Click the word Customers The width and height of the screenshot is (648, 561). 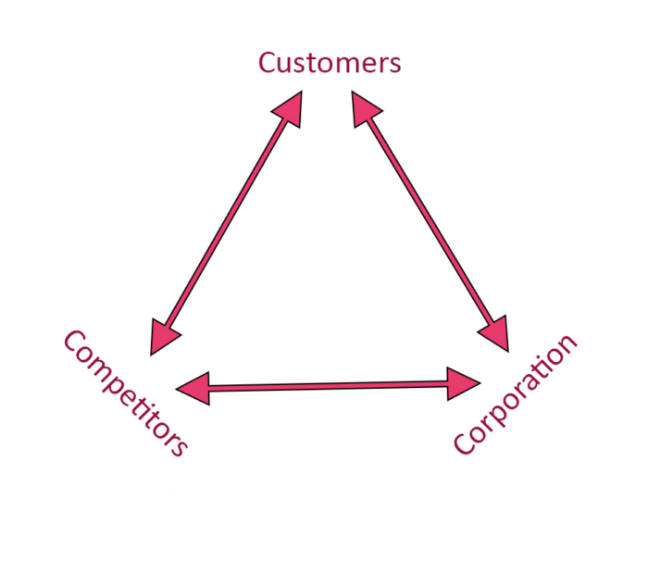pyautogui.click(x=330, y=63)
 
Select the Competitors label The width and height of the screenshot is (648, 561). pyautogui.click(x=126, y=393)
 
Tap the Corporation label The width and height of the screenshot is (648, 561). pyautogui.click(x=516, y=393)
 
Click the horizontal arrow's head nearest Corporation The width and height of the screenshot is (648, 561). pyautogui.click(x=463, y=382)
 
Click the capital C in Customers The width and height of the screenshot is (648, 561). pyautogui.click(x=268, y=63)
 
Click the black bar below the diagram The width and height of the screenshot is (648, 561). pyautogui.click(x=324, y=528)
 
